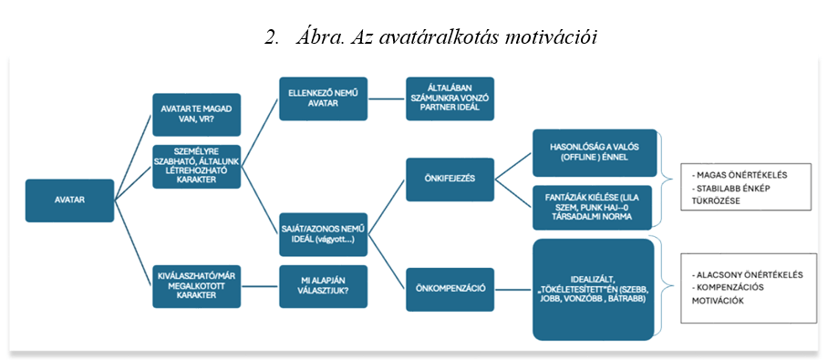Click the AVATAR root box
tap(69, 201)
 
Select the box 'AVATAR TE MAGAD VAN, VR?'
tap(196, 115)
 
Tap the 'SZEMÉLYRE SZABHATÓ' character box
tap(196, 166)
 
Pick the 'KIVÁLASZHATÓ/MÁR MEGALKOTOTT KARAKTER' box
tap(196, 286)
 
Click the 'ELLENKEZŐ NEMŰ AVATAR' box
tap(323, 98)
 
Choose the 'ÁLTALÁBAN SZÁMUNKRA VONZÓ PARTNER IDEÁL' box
tap(450, 98)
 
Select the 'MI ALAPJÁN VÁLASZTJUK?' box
tap(323, 286)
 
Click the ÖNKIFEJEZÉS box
tap(450, 180)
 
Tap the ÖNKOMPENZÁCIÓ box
tap(450, 289)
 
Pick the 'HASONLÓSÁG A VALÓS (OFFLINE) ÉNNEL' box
tap(595, 153)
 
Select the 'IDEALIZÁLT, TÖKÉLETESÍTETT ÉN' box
tap(595, 289)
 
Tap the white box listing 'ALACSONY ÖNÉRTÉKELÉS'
tap(747, 288)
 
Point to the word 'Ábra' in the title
tap(316, 38)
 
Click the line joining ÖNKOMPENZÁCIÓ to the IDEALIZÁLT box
tap(513, 289)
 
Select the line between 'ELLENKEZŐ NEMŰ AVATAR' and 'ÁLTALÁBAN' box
tap(387, 98)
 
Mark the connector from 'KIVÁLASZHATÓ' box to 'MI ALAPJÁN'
tap(260, 286)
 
